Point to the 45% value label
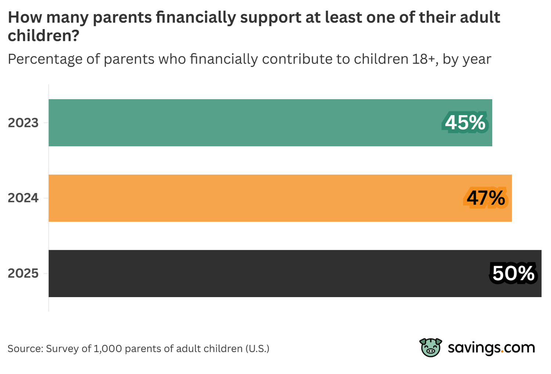465,122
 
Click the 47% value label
486,198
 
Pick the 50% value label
513,273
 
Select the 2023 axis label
23,123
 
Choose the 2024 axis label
23,198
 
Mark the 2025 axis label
23,273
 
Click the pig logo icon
431,348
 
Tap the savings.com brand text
491,348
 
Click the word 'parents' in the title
122,18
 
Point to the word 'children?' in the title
43,36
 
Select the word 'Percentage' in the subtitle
45,59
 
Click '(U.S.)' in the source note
257,349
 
